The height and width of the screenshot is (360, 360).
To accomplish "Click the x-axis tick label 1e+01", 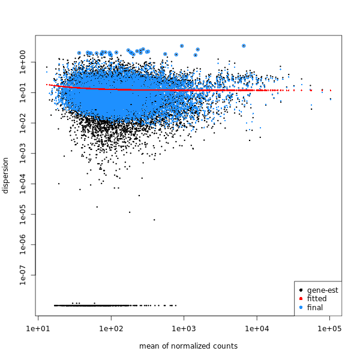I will (x=38, y=329).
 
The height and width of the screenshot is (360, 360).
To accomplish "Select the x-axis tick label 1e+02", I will (x=111, y=329).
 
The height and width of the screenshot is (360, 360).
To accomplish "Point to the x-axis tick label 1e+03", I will (x=184, y=329).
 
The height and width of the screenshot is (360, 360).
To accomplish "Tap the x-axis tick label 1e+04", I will (x=257, y=329).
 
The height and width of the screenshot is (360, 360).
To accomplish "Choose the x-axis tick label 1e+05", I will (x=330, y=329).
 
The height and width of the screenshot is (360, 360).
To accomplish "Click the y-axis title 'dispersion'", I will (x=6, y=175).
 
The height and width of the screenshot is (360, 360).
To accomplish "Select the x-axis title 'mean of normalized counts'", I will (x=188, y=346).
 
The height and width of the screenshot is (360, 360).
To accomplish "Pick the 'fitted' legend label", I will (x=317, y=299).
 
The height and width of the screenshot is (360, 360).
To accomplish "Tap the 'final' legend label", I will (x=315, y=307).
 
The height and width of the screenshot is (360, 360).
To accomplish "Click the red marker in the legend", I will (x=301, y=299).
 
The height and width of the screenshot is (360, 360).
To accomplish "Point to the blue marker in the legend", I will (x=301, y=307).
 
